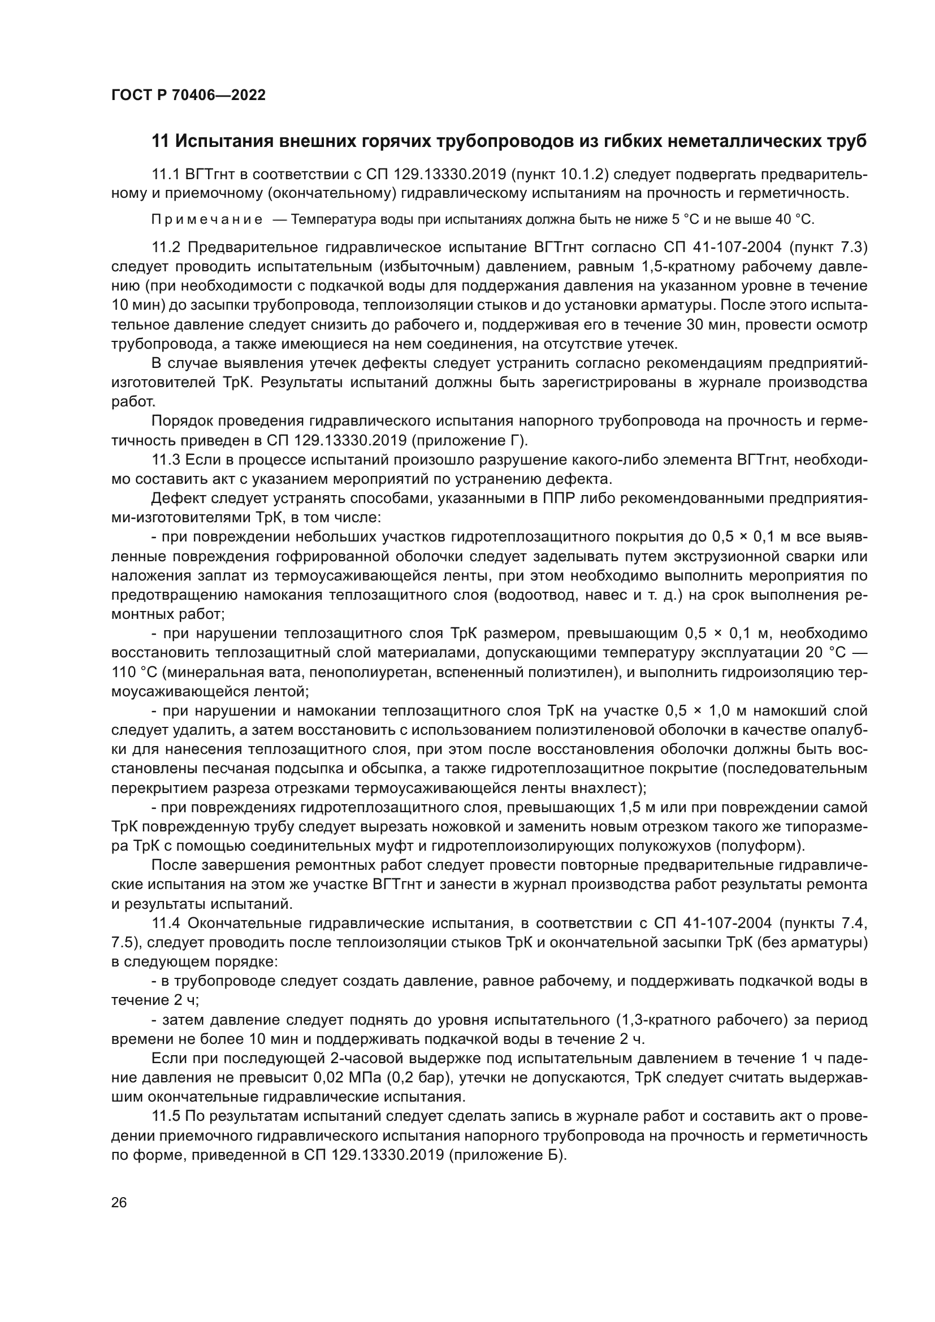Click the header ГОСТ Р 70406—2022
188,96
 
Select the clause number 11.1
166,175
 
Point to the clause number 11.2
166,248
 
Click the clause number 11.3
166,460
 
